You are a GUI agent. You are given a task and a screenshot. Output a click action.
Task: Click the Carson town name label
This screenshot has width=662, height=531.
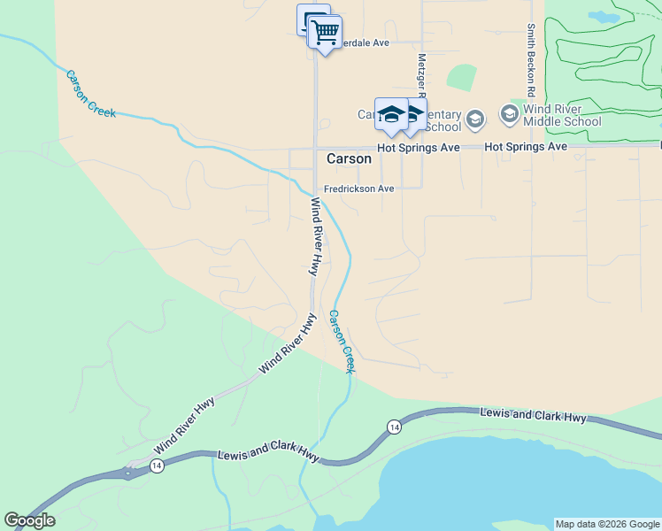coord(349,159)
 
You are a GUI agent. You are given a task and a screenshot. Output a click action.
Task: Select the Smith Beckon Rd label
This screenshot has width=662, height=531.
coord(530,59)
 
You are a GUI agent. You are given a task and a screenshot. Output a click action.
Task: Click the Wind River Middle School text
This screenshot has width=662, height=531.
coord(562,115)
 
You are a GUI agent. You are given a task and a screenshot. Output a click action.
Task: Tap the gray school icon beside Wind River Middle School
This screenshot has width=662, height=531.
coord(509,113)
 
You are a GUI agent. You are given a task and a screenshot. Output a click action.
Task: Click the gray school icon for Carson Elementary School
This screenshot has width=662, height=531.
coord(475,119)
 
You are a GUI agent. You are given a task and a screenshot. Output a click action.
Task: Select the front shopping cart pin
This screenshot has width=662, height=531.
coord(326,33)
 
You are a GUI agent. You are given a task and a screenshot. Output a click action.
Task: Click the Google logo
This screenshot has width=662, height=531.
coord(29,520)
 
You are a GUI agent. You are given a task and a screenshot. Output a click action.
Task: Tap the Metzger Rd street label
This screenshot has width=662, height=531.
coord(421,75)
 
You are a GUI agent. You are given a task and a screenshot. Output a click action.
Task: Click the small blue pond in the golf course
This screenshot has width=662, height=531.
coord(604,17)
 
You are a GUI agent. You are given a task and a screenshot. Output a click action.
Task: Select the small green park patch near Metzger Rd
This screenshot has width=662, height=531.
coord(461,77)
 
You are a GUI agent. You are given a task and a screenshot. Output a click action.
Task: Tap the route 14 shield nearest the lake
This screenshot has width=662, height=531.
coord(394,427)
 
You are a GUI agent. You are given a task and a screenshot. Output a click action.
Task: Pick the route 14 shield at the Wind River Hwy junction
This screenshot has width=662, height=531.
coord(157,466)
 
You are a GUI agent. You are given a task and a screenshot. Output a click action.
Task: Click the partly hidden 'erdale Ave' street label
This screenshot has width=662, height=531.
coord(366,42)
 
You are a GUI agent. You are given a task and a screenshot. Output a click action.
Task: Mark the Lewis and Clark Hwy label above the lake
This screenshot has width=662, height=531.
coord(533,415)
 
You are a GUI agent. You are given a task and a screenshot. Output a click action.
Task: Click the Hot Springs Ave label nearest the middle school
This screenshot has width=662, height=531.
coord(526,146)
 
